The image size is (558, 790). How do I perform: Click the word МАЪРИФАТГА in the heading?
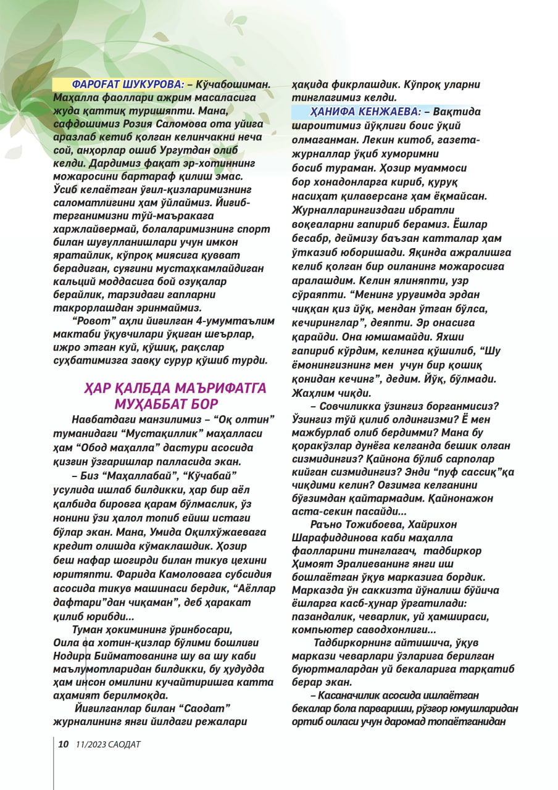[219, 388]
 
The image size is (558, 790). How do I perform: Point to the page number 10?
[63, 744]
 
